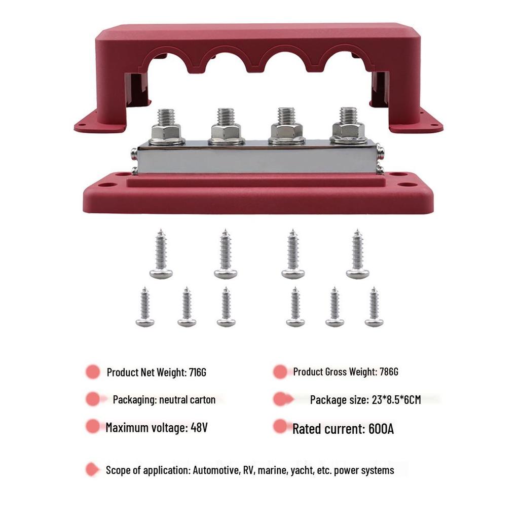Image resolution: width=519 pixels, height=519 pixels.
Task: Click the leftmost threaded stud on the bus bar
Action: (166, 117)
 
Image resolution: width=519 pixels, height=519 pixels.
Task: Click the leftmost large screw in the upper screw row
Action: (161, 254)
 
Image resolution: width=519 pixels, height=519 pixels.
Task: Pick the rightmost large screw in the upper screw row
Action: (357, 254)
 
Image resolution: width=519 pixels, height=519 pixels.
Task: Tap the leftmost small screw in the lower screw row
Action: (144, 307)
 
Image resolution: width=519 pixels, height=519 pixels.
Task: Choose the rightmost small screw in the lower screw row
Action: (374, 307)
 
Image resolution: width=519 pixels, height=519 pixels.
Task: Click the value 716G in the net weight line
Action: (198, 373)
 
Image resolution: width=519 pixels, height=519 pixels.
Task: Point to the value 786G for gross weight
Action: (389, 372)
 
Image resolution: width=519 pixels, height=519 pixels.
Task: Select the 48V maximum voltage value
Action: (199, 427)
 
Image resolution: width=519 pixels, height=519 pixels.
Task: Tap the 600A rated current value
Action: (381, 429)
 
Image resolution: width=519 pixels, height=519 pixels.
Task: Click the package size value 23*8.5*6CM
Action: (396, 400)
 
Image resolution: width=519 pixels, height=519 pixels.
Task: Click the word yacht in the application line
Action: (302, 470)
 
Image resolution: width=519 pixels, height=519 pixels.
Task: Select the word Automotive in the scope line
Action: (216, 470)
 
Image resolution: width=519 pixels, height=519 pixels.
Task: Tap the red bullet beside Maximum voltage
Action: (93, 426)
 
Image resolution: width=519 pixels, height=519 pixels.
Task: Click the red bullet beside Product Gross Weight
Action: (280, 372)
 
